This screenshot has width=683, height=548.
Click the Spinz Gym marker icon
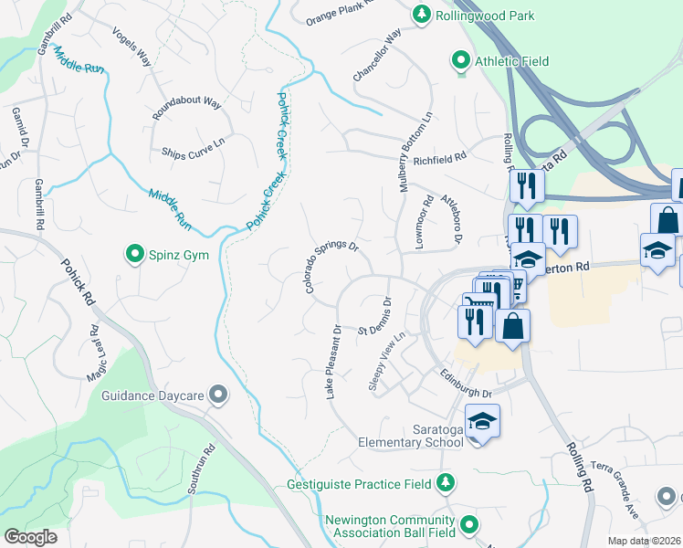point(135,254)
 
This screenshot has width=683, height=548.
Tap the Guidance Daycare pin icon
point(217,394)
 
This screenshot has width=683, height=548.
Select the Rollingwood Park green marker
point(421,13)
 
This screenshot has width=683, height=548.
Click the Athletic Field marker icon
point(462,61)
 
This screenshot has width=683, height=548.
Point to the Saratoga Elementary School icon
point(482,421)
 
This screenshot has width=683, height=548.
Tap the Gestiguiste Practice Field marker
point(446,482)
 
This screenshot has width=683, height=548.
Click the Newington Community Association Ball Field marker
point(469,524)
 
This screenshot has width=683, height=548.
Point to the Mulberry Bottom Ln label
point(415,152)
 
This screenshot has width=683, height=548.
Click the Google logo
point(30,537)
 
